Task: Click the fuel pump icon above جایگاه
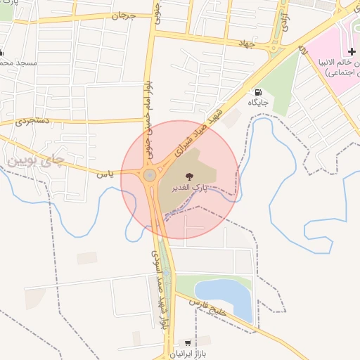pyautogui.click(x=258, y=92)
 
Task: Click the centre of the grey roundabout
pyautogui.click(x=149, y=175)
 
